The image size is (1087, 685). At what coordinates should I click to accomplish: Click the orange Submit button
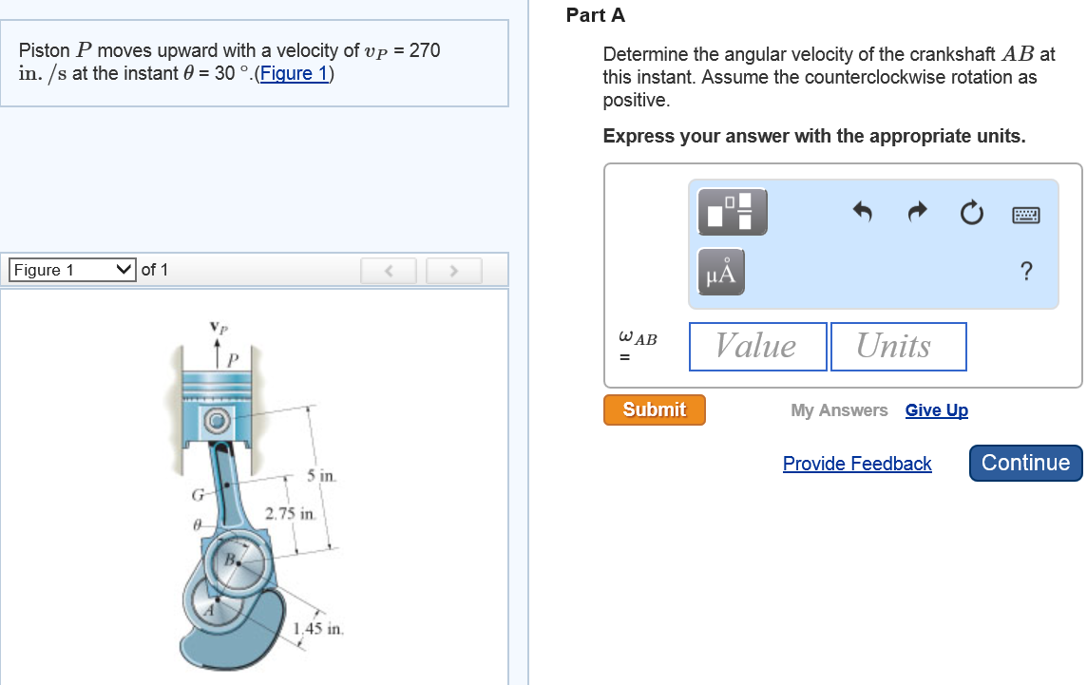(x=654, y=409)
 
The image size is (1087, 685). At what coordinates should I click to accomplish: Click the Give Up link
(x=936, y=410)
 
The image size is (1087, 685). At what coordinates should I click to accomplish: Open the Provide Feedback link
(x=857, y=464)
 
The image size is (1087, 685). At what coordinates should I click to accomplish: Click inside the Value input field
(x=756, y=346)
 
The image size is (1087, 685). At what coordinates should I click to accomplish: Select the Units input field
(x=898, y=346)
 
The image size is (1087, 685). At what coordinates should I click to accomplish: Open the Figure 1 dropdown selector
(x=72, y=270)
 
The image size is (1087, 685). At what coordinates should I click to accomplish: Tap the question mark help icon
(x=1025, y=272)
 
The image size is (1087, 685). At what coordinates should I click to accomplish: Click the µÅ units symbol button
(x=721, y=272)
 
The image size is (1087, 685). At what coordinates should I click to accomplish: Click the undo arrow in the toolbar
(x=862, y=212)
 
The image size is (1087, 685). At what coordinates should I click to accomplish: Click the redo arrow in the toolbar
(x=916, y=212)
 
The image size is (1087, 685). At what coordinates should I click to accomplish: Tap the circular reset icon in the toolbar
(x=970, y=213)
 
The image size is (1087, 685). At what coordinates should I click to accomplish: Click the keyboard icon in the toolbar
(x=1025, y=214)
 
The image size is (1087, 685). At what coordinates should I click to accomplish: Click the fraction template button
(x=732, y=211)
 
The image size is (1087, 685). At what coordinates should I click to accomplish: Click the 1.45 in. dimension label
(x=318, y=628)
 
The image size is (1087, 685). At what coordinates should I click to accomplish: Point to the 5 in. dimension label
(x=321, y=474)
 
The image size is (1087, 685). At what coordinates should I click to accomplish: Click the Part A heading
(x=596, y=15)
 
